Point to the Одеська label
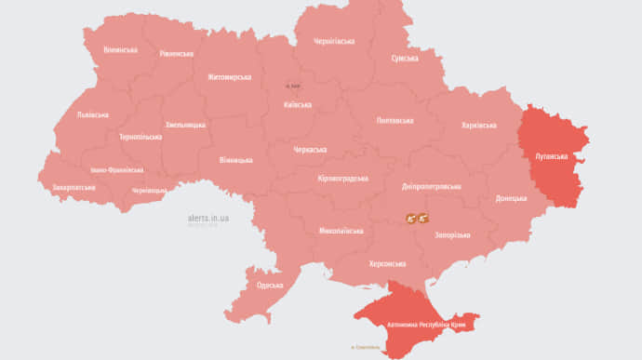pos(270,285)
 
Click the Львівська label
pos(92,115)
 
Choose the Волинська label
pos(121,49)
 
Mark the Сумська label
pos(405,58)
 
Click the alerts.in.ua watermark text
pos(208,219)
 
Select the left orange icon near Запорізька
pos(410,218)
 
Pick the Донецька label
pos(511,198)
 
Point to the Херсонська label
pos(387,264)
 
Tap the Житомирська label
pos(229,76)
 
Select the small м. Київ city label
pos(293,87)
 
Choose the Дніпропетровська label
pos(431,186)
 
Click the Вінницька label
pos(235,160)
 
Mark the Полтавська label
pos(395,120)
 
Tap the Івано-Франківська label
pos(117,170)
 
